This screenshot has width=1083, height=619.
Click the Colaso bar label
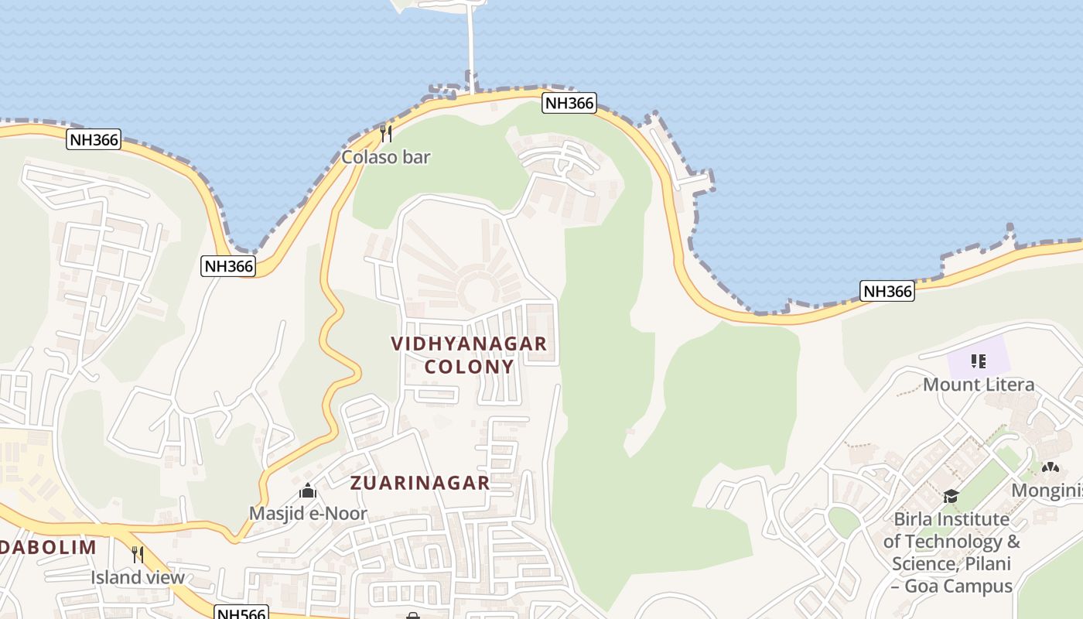point(386,157)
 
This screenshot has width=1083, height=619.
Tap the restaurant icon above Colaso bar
point(386,134)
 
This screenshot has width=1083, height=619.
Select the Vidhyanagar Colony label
point(469,354)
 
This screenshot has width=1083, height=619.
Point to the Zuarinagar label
point(420,483)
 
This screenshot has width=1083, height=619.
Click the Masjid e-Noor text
point(308,513)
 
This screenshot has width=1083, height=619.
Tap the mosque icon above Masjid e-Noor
point(308,491)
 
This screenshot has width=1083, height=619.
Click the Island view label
point(138,577)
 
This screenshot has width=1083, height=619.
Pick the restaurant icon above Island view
point(138,554)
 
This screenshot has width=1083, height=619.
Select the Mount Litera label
point(979,385)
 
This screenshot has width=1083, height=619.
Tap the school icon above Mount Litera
point(979,361)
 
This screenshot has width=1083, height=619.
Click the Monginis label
point(1047,491)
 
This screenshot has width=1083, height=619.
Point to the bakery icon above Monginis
point(1050,467)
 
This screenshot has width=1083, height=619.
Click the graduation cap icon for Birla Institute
point(951,496)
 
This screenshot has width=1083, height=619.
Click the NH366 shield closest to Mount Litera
point(887,291)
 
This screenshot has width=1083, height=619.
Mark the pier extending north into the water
point(471,46)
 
